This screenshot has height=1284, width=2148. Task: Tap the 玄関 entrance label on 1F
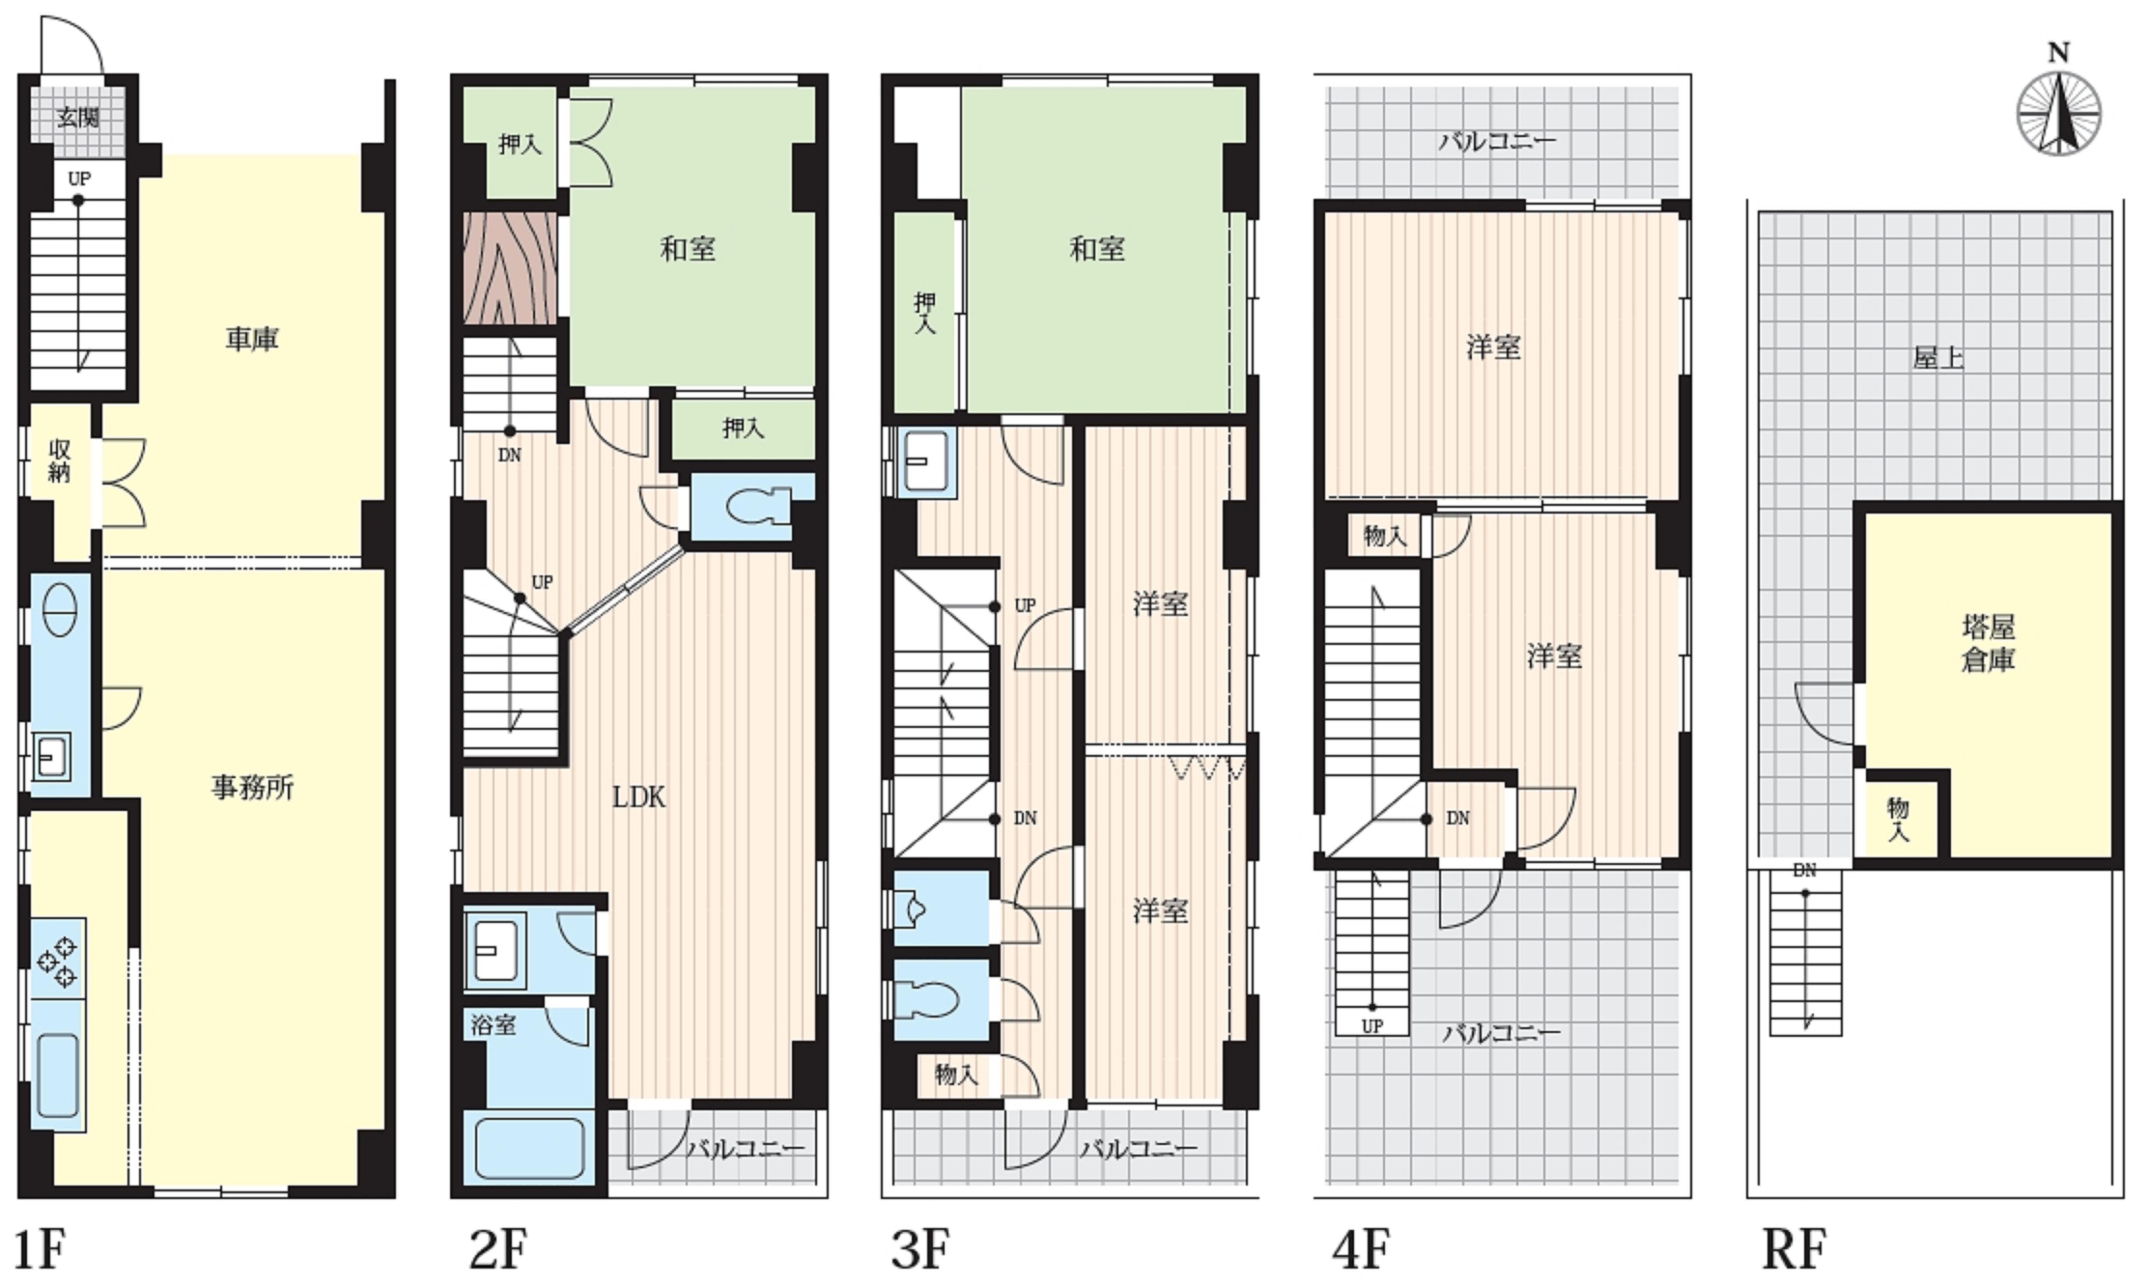pyautogui.click(x=78, y=117)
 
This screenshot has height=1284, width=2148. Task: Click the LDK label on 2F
pyautogui.click(x=639, y=797)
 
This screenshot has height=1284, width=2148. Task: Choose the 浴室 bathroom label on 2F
pyautogui.click(x=493, y=1025)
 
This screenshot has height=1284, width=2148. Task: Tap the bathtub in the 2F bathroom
pyautogui.click(x=530, y=1148)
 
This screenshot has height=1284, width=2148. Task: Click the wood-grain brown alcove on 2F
pyautogui.click(x=510, y=268)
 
